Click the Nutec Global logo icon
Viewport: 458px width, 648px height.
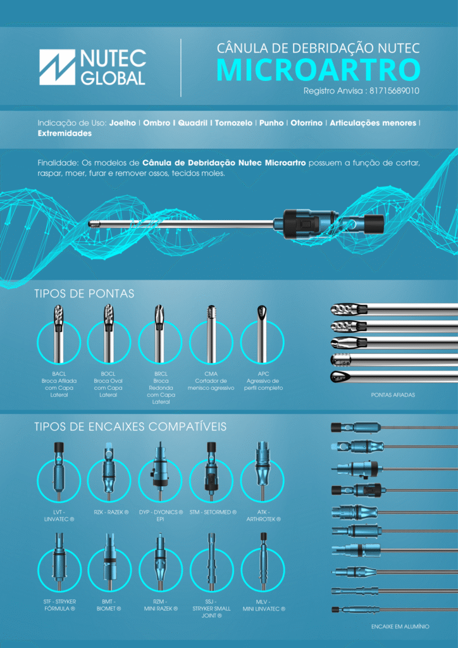[x=57, y=67]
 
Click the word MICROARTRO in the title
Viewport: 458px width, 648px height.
[x=318, y=70]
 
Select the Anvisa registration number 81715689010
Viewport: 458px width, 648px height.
[x=394, y=91]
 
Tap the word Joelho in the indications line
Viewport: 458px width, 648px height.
[x=123, y=123]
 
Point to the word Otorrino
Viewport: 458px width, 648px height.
[x=306, y=123]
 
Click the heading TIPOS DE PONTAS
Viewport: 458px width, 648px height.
[x=84, y=294]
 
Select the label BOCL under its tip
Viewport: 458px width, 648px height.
[x=109, y=373]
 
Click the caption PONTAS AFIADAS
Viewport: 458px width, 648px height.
[x=393, y=395]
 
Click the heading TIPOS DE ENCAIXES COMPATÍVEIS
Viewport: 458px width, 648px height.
[x=130, y=427]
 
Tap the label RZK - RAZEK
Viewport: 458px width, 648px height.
[x=109, y=512]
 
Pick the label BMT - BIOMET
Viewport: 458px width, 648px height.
[x=109, y=605]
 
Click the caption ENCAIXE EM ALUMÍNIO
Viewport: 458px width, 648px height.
[x=400, y=626]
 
